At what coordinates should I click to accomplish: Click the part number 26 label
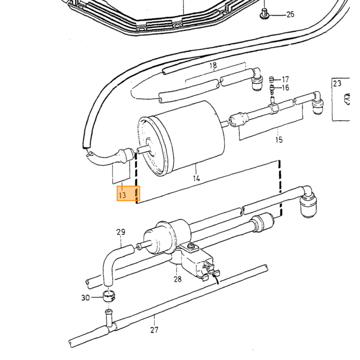[x=290, y=14]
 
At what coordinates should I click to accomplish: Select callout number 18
[x=213, y=66]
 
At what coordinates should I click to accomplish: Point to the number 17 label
[x=285, y=79]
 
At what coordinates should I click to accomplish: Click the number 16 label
[x=285, y=88]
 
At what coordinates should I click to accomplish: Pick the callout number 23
[x=337, y=83]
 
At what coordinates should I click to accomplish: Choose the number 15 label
[x=279, y=140]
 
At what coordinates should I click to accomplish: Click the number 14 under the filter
[x=196, y=178]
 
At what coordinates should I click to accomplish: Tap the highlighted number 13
[x=122, y=195]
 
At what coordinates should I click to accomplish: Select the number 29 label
[x=121, y=232]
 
